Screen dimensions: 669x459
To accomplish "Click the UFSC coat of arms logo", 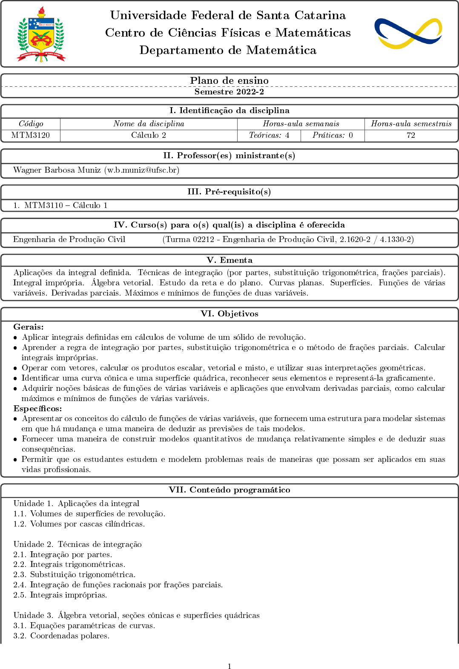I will (x=41, y=34).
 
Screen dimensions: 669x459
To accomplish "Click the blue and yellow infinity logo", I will (x=408, y=33).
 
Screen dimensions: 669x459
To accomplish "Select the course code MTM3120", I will (x=31, y=135).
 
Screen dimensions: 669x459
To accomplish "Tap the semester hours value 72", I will (x=411, y=135).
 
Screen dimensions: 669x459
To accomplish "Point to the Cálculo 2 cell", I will (x=149, y=135).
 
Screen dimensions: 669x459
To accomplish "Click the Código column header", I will (x=31, y=124).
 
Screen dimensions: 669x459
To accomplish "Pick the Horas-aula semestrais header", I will (x=411, y=124).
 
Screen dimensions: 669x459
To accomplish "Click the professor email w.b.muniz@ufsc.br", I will (x=142, y=170).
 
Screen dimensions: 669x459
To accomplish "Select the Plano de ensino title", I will (x=229, y=80).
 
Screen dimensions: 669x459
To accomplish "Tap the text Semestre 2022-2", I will (x=229, y=91).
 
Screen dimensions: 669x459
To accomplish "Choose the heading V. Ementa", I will (x=229, y=260).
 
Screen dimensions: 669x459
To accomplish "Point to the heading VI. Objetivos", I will (x=229, y=314).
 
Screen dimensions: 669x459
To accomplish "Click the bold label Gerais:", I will (x=29, y=327).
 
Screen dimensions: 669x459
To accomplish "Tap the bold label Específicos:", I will (x=37, y=409).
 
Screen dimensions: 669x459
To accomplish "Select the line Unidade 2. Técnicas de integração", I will (x=77, y=544).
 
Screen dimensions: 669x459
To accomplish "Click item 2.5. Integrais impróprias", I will (x=60, y=595).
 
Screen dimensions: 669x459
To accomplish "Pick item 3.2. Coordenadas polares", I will (x=61, y=636).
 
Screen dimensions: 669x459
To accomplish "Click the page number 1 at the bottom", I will (x=229, y=666).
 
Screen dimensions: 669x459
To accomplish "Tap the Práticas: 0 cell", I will (x=333, y=135).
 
